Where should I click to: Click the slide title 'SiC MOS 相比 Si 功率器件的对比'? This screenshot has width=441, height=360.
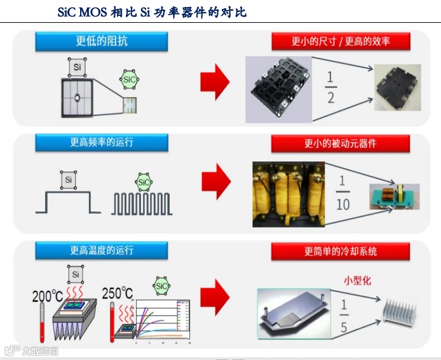point(152,12)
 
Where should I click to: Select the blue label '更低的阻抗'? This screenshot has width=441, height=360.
point(102,42)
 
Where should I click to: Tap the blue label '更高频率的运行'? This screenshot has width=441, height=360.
point(102,142)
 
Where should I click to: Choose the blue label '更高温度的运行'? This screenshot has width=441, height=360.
point(102,250)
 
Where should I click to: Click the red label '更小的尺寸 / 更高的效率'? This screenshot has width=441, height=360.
point(341,42)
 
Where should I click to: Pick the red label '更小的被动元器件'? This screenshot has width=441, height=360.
point(341,143)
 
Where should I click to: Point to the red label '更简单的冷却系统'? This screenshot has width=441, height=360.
point(341,251)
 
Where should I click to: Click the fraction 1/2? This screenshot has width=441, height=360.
point(330,87)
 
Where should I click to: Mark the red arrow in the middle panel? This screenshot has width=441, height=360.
point(216,182)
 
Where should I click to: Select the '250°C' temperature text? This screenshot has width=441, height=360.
point(118,293)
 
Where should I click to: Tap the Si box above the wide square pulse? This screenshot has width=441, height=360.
point(68,180)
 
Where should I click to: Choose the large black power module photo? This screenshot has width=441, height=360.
point(281,88)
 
